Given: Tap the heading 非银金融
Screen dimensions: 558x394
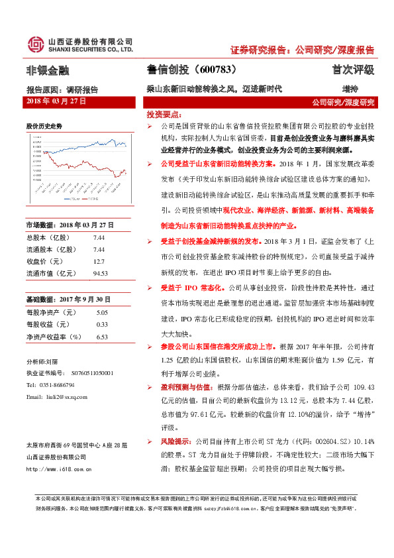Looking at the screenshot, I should coord(47,70).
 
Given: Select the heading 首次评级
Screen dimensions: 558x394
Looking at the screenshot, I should coord(353,70).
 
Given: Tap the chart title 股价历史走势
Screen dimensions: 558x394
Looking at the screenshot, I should coord(44,125).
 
